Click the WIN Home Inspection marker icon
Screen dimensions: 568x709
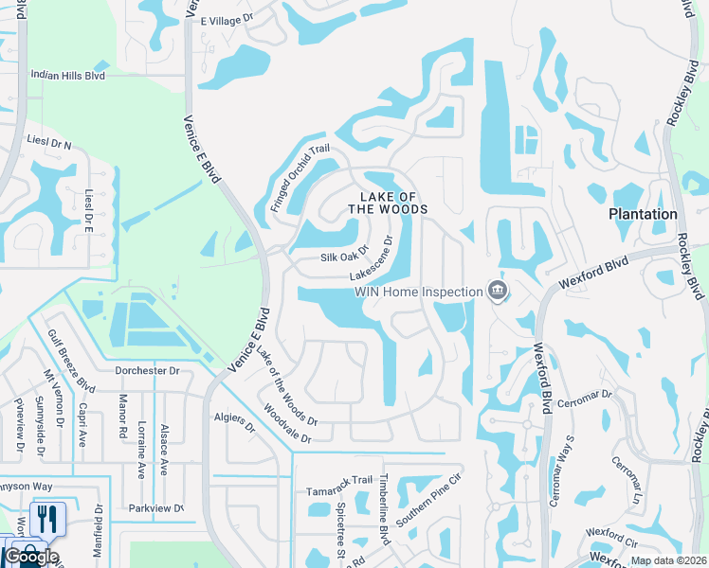click(497, 291)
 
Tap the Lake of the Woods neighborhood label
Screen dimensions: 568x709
click(388, 202)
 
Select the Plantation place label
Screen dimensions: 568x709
click(643, 215)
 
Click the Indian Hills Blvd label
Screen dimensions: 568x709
click(67, 75)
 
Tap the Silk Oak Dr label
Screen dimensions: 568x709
click(343, 257)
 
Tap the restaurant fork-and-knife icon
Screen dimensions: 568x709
click(45, 519)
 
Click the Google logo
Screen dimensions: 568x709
click(30, 557)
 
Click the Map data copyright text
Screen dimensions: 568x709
click(667, 560)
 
